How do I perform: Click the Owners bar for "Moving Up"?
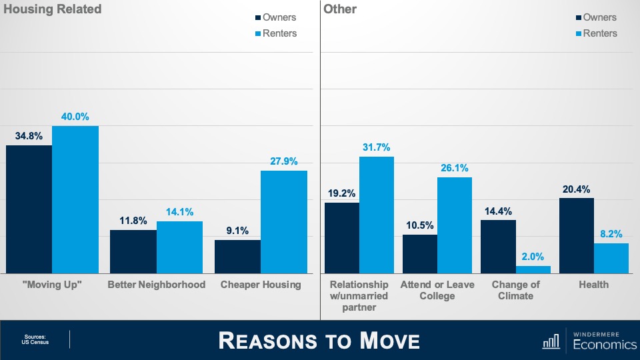pyautogui.click(x=29, y=209)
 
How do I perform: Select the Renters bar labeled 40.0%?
pyautogui.click(x=75, y=199)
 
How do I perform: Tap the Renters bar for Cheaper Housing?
pyautogui.click(x=284, y=222)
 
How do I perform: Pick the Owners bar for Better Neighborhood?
pyautogui.click(x=133, y=251)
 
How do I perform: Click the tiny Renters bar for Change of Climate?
pyautogui.click(x=533, y=269)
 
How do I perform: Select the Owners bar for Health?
pyautogui.click(x=576, y=235)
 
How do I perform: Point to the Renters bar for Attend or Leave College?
pyautogui.click(x=455, y=225)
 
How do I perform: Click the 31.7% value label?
pyautogui.click(x=376, y=147)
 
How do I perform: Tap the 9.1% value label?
pyautogui.click(x=237, y=231)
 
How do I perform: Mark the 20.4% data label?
pyautogui.click(x=576, y=189)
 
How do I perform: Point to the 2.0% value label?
pyautogui.click(x=533, y=256)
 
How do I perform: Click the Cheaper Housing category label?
pyautogui.click(x=261, y=285)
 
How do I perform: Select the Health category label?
pyautogui.click(x=593, y=285)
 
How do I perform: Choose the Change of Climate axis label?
pyautogui.click(x=516, y=290)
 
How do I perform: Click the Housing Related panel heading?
pyautogui.click(x=53, y=9)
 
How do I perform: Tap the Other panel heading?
pyautogui.click(x=340, y=9)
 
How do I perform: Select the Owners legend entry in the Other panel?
pyautogui.click(x=595, y=17)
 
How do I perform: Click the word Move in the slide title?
pyautogui.click(x=390, y=341)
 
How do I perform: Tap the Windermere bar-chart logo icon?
pyautogui.click(x=551, y=342)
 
